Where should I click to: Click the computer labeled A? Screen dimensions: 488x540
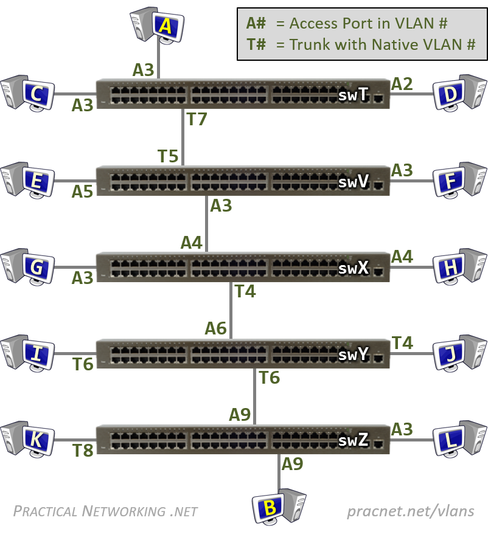[157, 25]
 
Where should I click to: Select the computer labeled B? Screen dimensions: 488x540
[279, 506]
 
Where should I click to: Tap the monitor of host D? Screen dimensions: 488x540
[448, 94]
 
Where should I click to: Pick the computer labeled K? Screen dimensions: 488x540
[27, 439]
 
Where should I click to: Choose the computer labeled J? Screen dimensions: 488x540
[460, 353]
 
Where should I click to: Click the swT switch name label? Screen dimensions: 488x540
[354, 94]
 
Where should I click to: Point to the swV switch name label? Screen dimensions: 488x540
[354, 181]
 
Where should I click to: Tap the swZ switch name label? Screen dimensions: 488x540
[354, 440]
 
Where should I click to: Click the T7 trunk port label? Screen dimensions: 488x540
[197, 119]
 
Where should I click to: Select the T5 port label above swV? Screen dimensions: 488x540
[168, 156]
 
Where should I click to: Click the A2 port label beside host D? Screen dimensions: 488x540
[402, 84]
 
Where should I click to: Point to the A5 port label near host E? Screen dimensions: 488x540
[82, 192]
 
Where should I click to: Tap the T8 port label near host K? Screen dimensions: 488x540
[83, 451]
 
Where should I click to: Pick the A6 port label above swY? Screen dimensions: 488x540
[216, 328]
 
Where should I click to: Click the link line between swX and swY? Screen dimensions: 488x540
[231, 310]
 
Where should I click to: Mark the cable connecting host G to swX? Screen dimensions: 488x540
[75, 267]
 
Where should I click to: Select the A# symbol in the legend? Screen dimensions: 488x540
[256, 24]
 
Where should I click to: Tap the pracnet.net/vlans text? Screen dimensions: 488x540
[411, 511]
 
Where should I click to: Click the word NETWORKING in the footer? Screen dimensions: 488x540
[124, 511]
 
